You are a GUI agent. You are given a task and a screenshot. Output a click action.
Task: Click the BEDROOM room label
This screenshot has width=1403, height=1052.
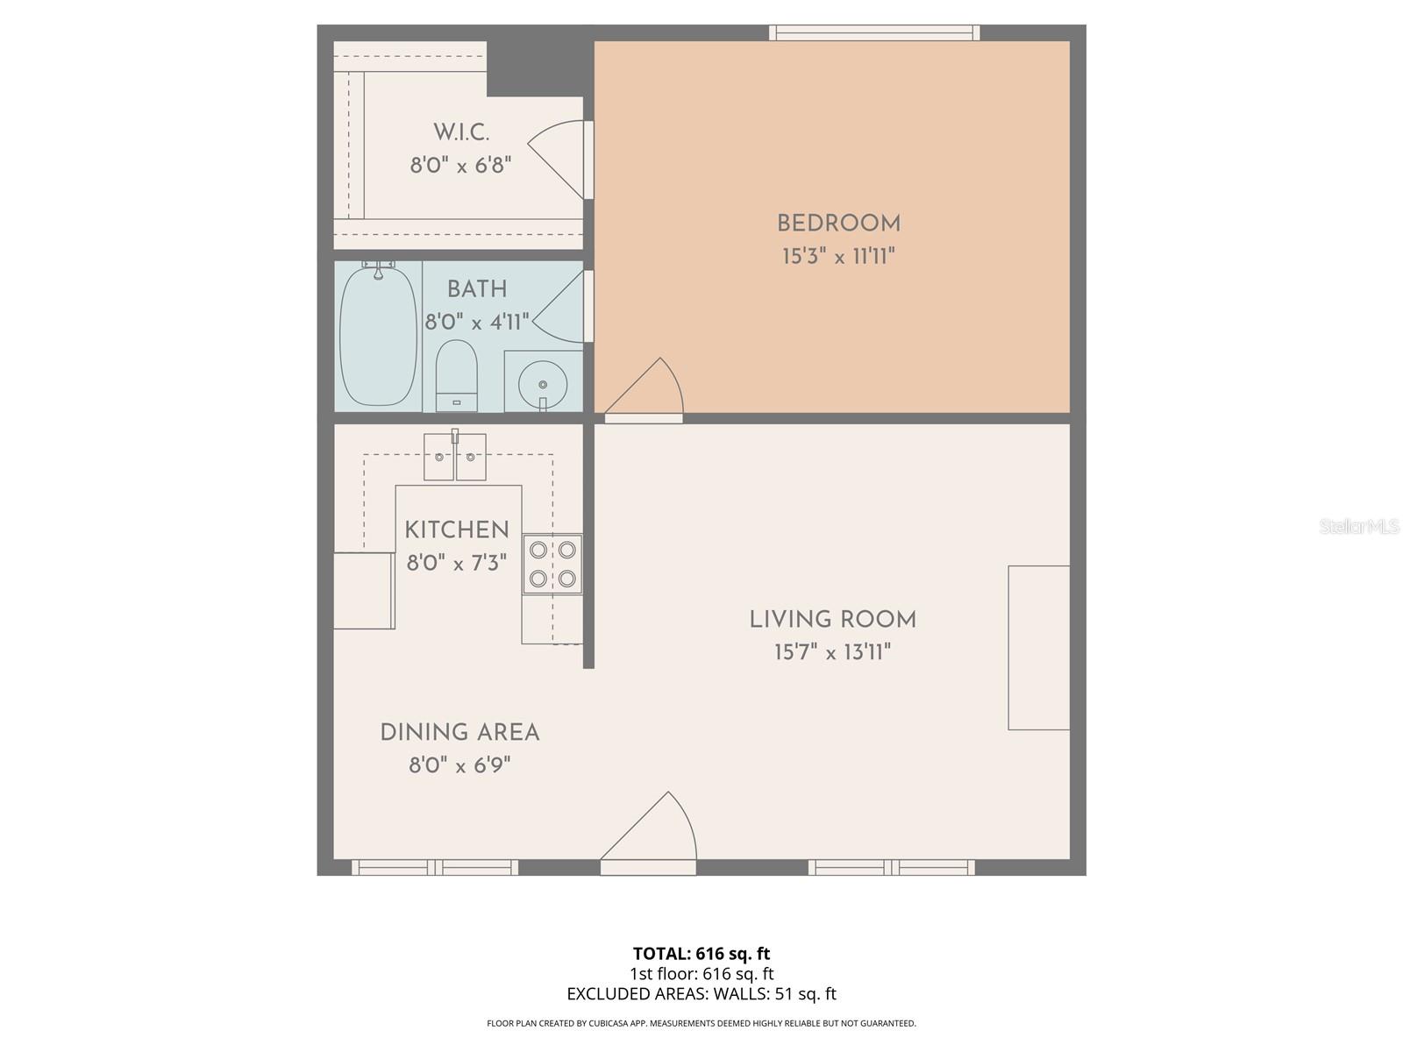(x=838, y=224)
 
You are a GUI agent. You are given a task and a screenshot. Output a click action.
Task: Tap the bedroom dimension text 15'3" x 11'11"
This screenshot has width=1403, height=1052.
(x=838, y=257)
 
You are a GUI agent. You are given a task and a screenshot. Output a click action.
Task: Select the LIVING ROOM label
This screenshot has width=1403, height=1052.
(x=832, y=620)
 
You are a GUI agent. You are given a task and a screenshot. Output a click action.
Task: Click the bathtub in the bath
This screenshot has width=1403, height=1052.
(x=378, y=336)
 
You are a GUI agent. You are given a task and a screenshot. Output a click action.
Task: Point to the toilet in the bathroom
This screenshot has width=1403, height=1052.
(x=456, y=375)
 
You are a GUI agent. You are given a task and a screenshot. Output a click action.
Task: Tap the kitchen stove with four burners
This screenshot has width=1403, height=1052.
(x=552, y=565)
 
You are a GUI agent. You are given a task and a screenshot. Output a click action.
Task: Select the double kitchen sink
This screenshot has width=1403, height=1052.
(x=454, y=457)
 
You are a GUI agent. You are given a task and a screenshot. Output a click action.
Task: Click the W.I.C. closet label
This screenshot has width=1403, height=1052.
(x=461, y=133)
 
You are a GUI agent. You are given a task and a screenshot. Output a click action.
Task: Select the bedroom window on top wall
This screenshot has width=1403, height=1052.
(x=874, y=32)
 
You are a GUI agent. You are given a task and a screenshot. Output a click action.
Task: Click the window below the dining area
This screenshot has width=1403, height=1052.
(x=435, y=868)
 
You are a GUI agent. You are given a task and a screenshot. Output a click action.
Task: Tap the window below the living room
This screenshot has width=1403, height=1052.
(x=891, y=868)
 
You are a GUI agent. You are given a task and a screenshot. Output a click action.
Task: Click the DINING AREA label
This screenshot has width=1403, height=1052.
(x=459, y=733)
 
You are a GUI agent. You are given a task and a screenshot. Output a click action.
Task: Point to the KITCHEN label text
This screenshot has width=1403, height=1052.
(x=456, y=530)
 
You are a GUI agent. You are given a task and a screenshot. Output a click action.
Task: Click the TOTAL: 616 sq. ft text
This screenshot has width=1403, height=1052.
(x=701, y=954)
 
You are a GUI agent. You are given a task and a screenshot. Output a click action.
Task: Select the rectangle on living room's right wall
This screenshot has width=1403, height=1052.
(x=1038, y=648)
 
